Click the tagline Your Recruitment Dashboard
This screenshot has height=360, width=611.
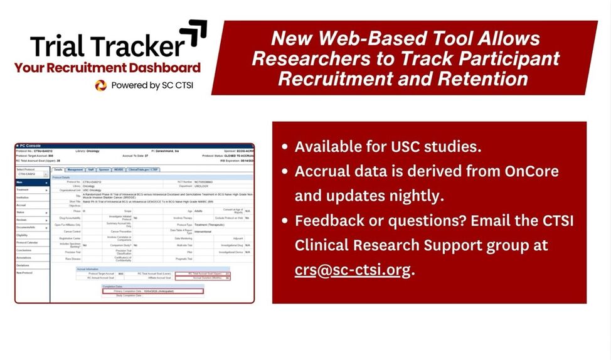[x=107, y=68]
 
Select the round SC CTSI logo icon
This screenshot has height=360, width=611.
[x=100, y=85]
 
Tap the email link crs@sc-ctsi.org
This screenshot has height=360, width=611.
[x=353, y=270]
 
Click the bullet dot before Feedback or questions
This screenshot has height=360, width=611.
[x=285, y=221]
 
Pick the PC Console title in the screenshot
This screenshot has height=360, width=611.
[x=31, y=147]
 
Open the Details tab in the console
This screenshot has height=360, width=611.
[x=58, y=169]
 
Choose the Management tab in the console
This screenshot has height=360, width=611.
[x=75, y=169]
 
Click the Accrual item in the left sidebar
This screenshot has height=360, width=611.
[x=21, y=205]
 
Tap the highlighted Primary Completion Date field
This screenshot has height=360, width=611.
[x=152, y=291]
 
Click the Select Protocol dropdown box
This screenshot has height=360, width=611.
[x=31, y=174]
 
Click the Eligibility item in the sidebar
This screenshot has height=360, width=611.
[x=23, y=235]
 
